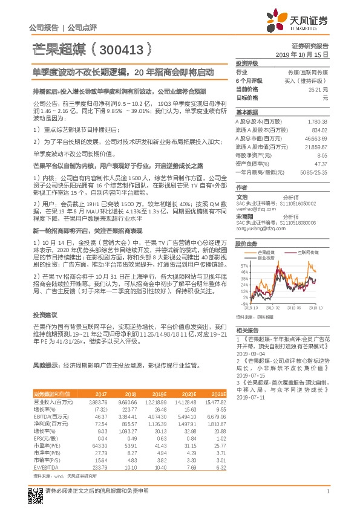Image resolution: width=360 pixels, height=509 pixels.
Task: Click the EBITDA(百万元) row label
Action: (51, 417)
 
